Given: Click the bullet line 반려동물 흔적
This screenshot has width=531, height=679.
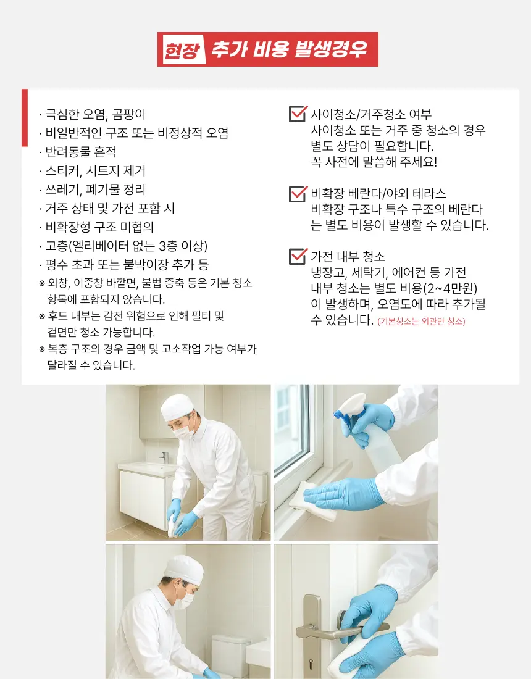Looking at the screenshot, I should click(x=80, y=152).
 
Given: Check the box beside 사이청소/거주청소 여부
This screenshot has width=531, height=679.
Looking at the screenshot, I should click(x=298, y=114).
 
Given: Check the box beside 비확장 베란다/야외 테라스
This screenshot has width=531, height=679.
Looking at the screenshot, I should click(x=298, y=193).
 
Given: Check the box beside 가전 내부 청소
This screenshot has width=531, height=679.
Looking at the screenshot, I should click(x=298, y=256).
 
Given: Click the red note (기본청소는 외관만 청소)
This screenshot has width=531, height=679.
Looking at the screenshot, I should click(x=421, y=322).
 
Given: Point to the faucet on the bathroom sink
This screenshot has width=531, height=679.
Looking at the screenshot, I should click(x=164, y=457).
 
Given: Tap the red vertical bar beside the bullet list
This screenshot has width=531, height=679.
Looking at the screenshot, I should click(x=25, y=117).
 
